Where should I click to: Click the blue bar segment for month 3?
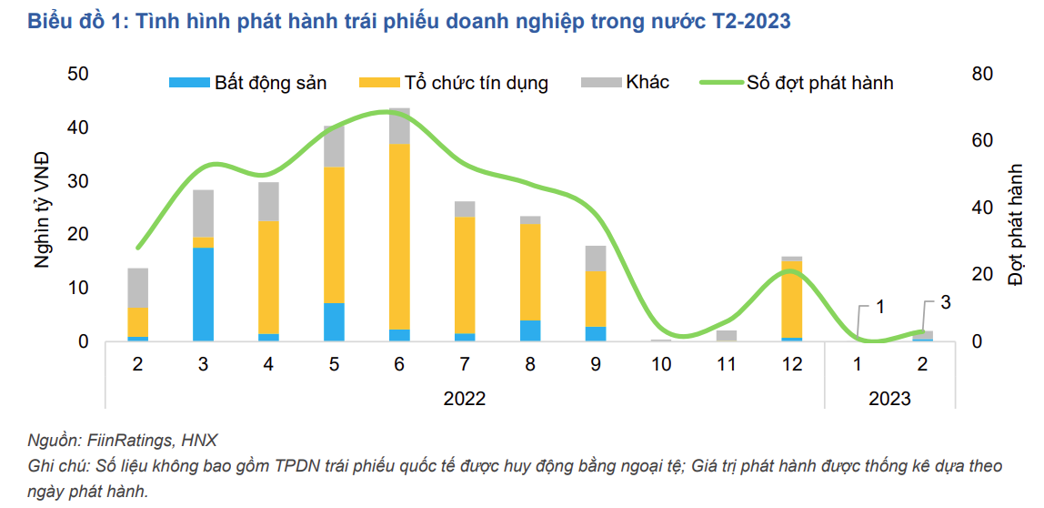(203, 294)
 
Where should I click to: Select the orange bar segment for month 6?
(399, 237)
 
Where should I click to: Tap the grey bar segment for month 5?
(334, 147)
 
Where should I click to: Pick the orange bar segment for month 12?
(791, 300)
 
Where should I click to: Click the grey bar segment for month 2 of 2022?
(137, 288)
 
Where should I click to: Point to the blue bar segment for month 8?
(530, 330)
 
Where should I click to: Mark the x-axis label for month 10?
(661, 364)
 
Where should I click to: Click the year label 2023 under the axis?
(889, 398)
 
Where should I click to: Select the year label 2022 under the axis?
(465, 398)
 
